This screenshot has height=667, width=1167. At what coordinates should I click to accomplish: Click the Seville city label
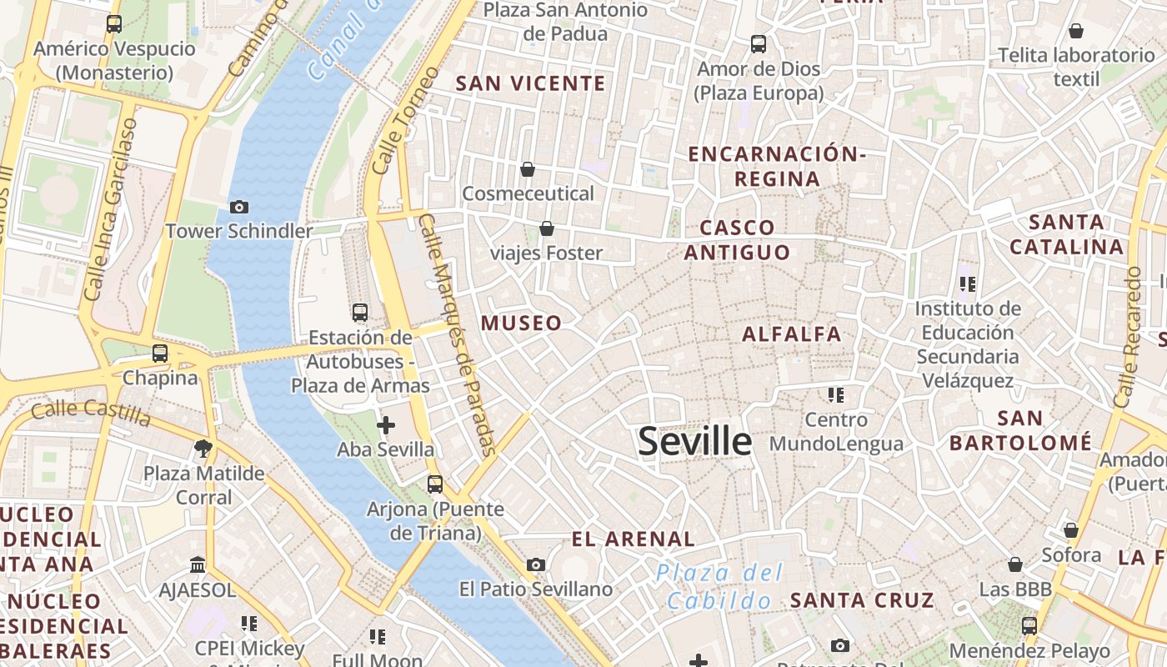point(694,441)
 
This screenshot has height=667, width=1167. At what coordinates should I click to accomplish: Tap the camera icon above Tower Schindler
point(239,207)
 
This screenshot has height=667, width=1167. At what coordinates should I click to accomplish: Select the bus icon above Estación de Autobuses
point(360,313)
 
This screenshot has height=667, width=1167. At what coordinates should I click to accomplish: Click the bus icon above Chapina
point(160,354)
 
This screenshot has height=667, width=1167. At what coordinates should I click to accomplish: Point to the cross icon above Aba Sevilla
point(386,425)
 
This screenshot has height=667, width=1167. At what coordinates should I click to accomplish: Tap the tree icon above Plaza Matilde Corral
point(203,449)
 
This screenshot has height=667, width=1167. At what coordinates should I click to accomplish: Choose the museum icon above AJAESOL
point(198,565)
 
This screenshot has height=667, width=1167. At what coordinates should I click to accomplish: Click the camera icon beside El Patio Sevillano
point(536,564)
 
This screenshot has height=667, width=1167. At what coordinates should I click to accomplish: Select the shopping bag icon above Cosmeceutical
point(528,169)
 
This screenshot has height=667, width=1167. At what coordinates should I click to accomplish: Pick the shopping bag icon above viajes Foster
point(547,228)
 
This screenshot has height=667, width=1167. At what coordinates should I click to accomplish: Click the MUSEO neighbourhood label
point(521,323)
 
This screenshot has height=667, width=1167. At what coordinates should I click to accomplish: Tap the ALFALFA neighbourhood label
point(792,334)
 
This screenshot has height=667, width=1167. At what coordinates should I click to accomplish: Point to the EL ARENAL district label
point(634,539)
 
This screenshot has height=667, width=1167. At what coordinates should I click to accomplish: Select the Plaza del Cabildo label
point(719,586)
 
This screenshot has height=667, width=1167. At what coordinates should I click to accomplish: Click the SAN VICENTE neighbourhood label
point(531,83)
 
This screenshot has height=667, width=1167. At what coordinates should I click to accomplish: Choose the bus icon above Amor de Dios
point(759,43)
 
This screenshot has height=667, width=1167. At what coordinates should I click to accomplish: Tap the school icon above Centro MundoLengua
point(836,394)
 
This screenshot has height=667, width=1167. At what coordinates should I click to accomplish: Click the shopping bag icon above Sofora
point(1071,530)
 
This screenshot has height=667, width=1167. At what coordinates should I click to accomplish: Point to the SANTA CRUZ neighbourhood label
point(862,600)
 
